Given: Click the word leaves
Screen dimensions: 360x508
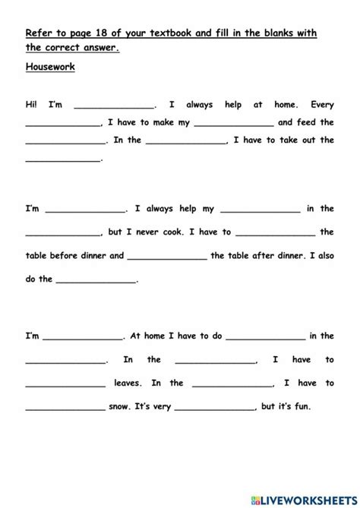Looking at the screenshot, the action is coord(128,383).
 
